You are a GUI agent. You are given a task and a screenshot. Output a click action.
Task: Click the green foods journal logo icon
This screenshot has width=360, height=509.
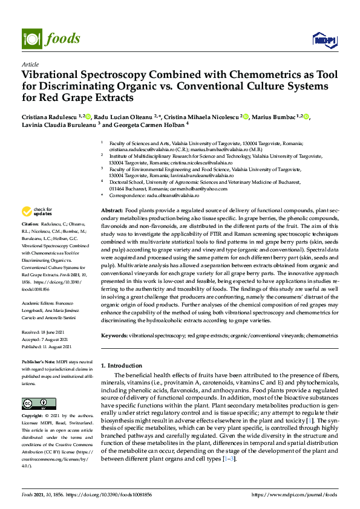[x=31, y=39]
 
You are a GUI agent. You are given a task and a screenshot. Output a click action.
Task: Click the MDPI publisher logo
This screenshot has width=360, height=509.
[x=321, y=40]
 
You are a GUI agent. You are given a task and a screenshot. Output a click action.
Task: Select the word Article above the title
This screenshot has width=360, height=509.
[x=30, y=64]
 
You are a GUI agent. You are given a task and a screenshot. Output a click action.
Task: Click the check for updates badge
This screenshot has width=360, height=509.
[x=38, y=212]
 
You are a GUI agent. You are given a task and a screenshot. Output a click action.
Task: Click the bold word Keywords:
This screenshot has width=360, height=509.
[x=114, y=335]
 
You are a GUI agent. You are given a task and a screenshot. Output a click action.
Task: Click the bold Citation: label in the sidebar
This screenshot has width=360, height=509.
[x=30, y=224]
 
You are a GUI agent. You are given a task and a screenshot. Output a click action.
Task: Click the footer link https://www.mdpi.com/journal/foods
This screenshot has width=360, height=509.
[x=295, y=494]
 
